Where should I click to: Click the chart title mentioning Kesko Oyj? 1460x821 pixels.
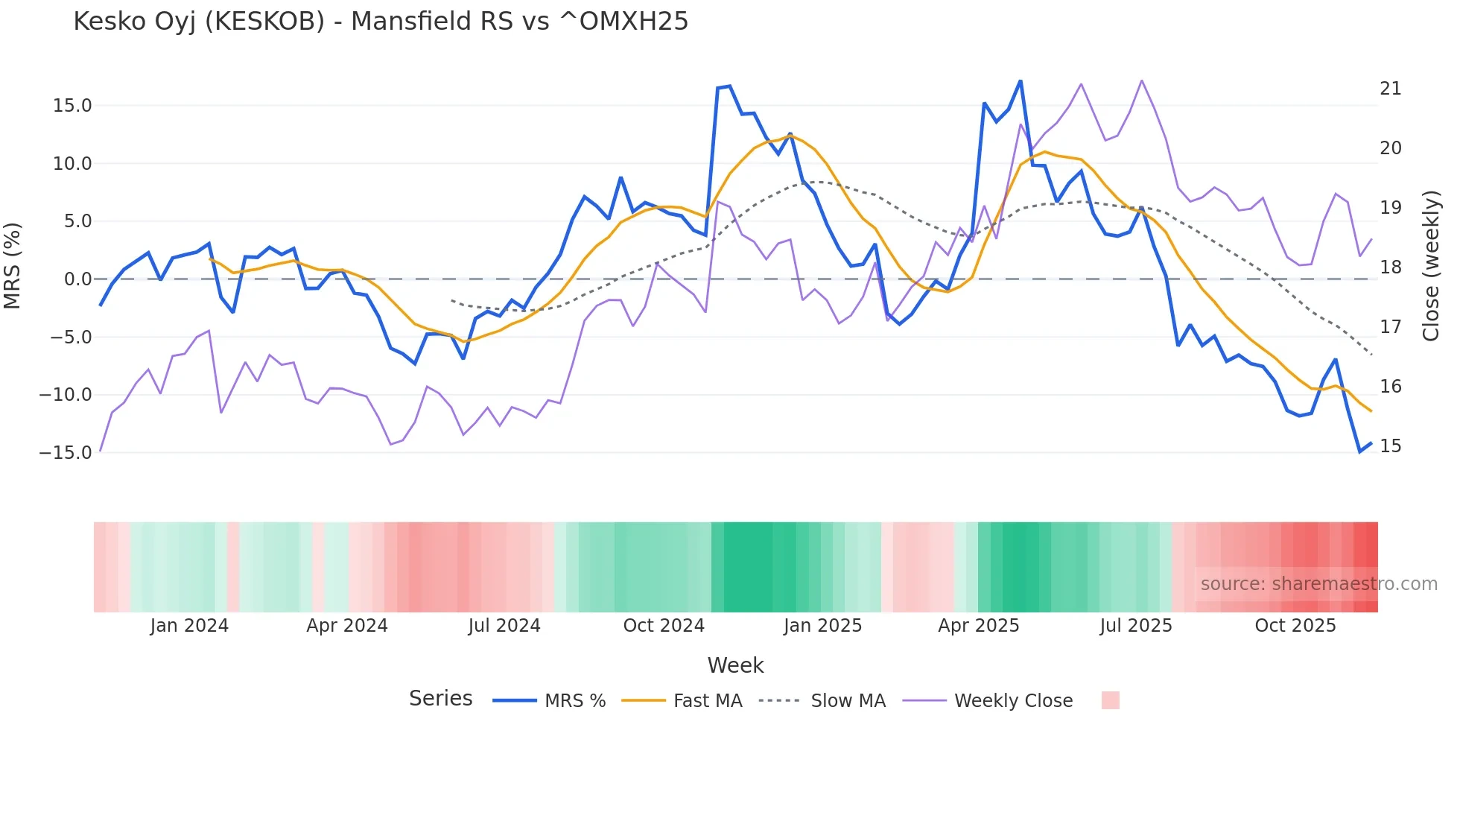tap(381, 22)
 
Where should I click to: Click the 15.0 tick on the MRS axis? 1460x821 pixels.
tap(72, 106)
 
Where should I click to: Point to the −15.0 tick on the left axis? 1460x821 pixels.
tap(66, 452)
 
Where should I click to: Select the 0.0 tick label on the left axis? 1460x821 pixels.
tap(77, 279)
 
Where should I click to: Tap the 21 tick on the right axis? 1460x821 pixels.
tap(1390, 89)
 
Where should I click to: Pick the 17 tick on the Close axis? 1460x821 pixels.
tap(1390, 327)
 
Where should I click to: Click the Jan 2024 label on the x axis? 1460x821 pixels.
tap(189, 626)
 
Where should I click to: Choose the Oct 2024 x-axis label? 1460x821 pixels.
tap(664, 626)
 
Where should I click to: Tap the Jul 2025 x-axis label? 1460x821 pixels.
tap(1136, 626)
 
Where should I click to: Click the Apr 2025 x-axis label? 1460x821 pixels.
tap(978, 626)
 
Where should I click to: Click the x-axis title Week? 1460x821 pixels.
tap(735, 665)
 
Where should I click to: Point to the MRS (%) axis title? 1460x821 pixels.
tap(13, 266)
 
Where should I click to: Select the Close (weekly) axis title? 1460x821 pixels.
tap(1431, 266)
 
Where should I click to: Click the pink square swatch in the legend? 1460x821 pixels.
tap(1110, 700)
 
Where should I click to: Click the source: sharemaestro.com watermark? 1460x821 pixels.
tap(1318, 584)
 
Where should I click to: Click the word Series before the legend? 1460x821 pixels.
tap(440, 699)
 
